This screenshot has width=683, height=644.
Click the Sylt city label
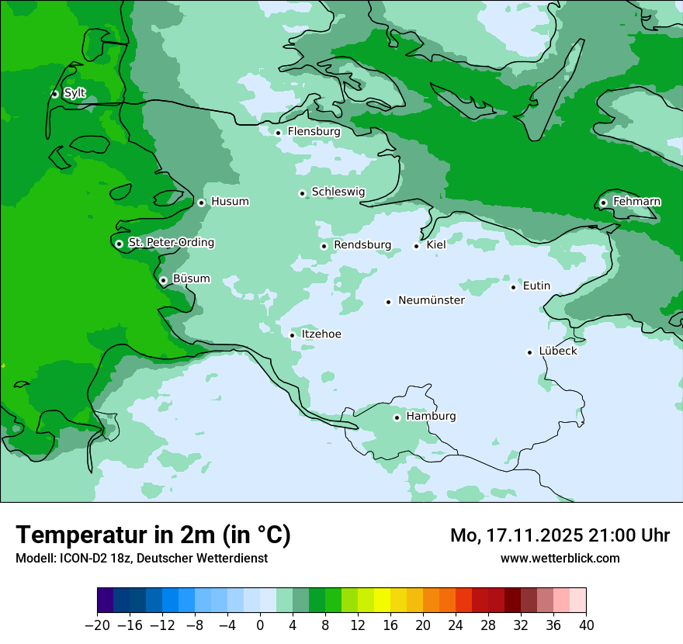click(x=75, y=93)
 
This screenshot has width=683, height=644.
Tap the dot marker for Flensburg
click(x=278, y=133)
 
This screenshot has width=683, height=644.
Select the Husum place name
click(x=230, y=202)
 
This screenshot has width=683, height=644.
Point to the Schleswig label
click(x=338, y=192)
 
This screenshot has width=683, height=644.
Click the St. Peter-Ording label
click(x=171, y=243)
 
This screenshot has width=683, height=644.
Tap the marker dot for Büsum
click(x=163, y=281)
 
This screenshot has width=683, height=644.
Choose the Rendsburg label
click(x=362, y=245)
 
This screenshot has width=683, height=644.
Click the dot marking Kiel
click(x=417, y=247)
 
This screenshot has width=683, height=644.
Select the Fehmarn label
click(x=636, y=202)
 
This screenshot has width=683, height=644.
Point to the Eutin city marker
click(x=513, y=288)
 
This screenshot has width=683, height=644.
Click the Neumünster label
click(x=431, y=300)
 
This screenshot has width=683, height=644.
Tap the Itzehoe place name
click(x=321, y=334)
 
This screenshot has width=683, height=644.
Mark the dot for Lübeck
click(x=530, y=352)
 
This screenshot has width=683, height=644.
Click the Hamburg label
click(x=431, y=417)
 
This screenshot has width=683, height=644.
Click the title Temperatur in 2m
click(x=153, y=535)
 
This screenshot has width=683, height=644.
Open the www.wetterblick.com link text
click(x=560, y=559)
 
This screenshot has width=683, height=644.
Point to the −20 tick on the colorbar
click(x=98, y=625)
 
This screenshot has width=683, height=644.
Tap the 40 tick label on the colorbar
click(x=586, y=625)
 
